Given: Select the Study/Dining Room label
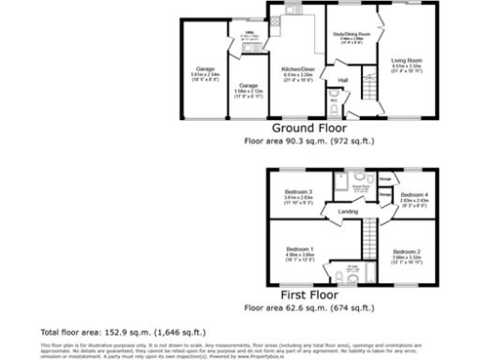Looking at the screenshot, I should (x=352, y=35).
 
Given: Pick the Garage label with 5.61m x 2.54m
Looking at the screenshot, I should (x=205, y=68).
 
